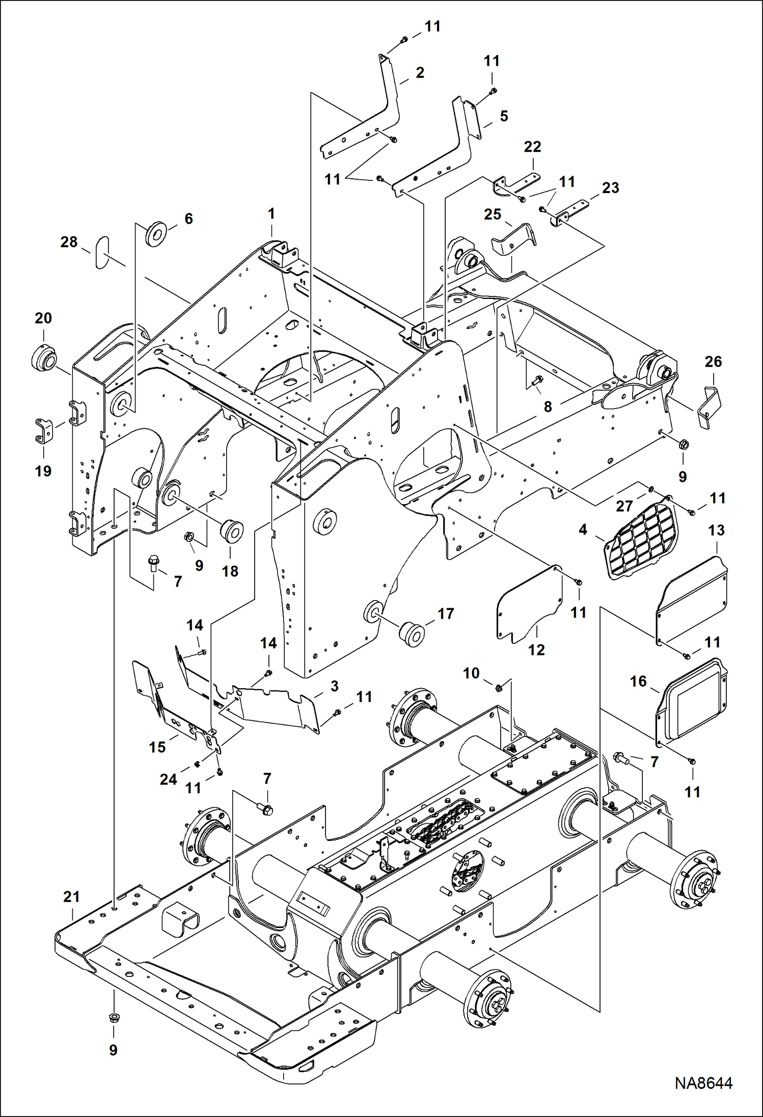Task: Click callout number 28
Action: pos(69,242)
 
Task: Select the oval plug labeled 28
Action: pos(102,252)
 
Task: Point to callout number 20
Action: pos(43,318)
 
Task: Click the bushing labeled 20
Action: pos(44,359)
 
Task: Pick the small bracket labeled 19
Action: pos(44,430)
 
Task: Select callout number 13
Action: pos(716,530)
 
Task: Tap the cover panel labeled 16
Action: pos(692,700)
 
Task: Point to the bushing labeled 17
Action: pos(412,633)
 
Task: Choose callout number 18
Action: pos(230,571)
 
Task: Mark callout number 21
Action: pos(71,897)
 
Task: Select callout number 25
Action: pos(493,214)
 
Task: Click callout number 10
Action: pos(471,673)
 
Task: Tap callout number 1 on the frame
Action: pos(271,213)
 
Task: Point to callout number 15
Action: pos(157,747)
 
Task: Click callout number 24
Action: pos(169,779)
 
